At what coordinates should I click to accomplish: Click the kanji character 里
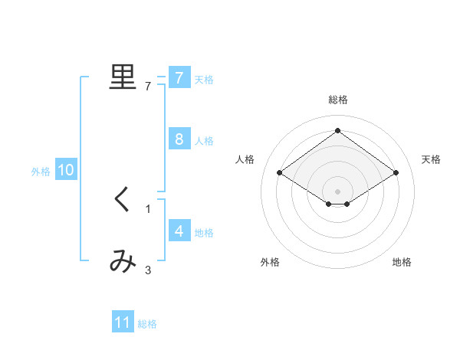pyautogui.click(x=122, y=77)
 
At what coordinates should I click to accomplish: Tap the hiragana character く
pyautogui.click(x=122, y=200)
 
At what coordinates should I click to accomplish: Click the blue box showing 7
pyautogui.click(x=179, y=77)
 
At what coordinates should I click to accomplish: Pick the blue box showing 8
pyautogui.click(x=179, y=139)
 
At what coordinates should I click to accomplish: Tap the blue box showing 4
pyautogui.click(x=179, y=231)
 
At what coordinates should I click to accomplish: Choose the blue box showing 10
pyautogui.click(x=65, y=170)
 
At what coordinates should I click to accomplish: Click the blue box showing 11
pyautogui.click(x=123, y=322)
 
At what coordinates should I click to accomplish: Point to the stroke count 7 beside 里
pyautogui.click(x=148, y=87)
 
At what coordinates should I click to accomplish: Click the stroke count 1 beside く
pyautogui.click(x=148, y=209)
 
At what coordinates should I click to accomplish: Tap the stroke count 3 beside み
pyautogui.click(x=148, y=270)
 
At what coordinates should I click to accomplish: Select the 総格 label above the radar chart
pyautogui.click(x=338, y=100)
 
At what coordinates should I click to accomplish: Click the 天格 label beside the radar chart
pyautogui.click(x=432, y=159)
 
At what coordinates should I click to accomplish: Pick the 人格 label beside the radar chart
pyautogui.click(x=245, y=159)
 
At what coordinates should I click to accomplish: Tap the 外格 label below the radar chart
pyautogui.click(x=270, y=262)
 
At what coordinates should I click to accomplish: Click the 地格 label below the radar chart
pyautogui.click(x=402, y=262)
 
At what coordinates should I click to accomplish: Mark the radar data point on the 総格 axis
pyautogui.click(x=338, y=130)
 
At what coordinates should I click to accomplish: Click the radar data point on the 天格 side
pyautogui.click(x=396, y=173)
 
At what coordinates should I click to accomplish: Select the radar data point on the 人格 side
pyautogui.click(x=280, y=173)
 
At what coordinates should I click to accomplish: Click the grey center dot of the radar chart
pyautogui.click(x=338, y=191)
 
